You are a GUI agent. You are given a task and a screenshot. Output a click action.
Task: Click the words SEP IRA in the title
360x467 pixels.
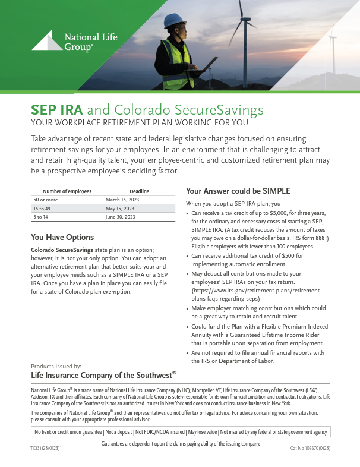point(57,111)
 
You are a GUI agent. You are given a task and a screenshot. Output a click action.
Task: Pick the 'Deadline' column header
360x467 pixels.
point(139,191)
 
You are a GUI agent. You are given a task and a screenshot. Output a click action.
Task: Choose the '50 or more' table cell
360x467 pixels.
point(46,200)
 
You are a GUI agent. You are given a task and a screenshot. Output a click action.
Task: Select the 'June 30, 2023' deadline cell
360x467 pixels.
point(121,217)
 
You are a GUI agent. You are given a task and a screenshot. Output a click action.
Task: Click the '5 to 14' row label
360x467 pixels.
point(42,217)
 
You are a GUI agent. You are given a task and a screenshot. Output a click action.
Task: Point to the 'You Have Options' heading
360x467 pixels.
point(62,238)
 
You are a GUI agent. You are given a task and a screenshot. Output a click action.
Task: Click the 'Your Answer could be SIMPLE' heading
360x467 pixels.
point(238,191)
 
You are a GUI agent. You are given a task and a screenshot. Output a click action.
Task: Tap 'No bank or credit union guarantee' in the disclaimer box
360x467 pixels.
point(69,432)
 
